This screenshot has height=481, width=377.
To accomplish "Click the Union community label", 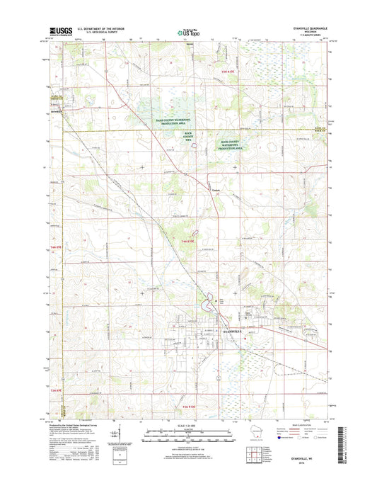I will pyautogui.click(x=215, y=189).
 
